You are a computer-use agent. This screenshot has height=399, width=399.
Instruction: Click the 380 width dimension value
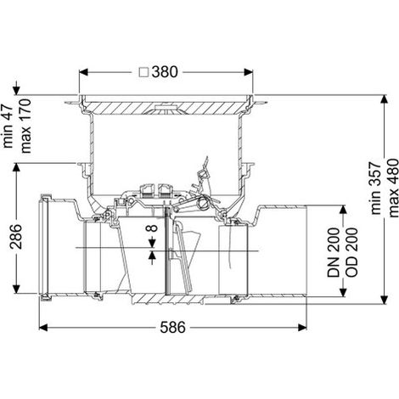(165, 72)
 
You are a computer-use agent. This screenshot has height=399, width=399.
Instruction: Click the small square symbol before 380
(144, 72)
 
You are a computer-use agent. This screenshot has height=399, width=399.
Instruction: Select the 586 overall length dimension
(172, 328)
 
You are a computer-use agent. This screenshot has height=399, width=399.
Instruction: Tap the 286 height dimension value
(16, 236)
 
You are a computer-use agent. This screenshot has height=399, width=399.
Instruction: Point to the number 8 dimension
(153, 228)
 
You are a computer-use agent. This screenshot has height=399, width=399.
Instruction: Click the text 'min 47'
(8, 126)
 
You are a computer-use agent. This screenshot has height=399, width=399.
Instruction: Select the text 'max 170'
(25, 126)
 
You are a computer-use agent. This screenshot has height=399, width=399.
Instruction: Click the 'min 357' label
(375, 188)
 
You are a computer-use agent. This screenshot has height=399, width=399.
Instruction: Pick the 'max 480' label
(394, 188)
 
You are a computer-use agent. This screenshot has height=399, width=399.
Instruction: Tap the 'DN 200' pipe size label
(334, 252)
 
